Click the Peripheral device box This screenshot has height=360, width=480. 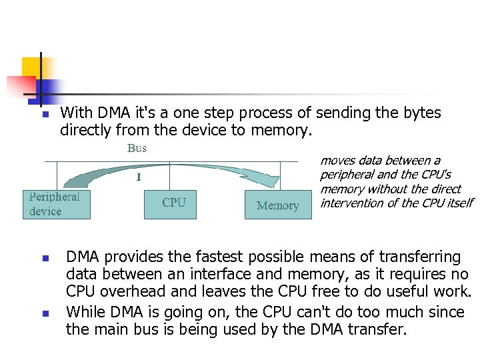[x=57, y=204]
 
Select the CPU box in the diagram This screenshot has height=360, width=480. [x=170, y=203]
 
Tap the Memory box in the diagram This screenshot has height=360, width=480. [x=278, y=205]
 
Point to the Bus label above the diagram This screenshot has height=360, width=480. [x=137, y=148]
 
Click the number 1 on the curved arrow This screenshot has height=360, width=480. [x=138, y=177]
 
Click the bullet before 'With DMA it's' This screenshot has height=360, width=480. [x=45, y=115]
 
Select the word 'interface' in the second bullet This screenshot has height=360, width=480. [x=217, y=275]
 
